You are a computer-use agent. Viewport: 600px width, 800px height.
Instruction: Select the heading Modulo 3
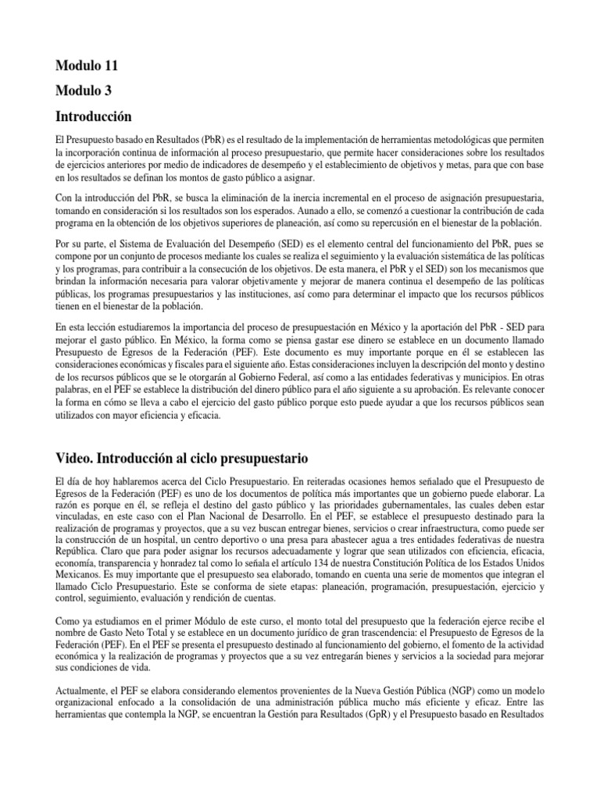tap(83, 91)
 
